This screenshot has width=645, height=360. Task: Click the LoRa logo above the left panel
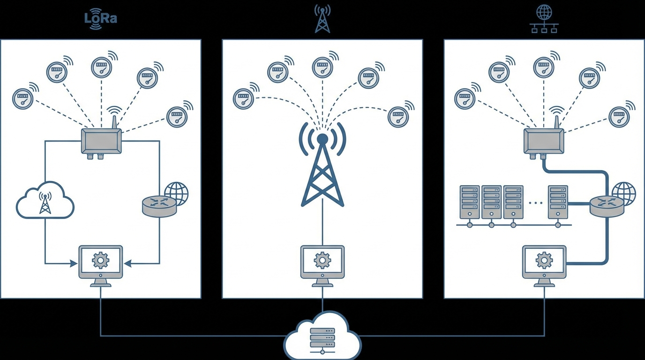pos(100,19)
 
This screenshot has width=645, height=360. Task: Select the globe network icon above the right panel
pos(544,19)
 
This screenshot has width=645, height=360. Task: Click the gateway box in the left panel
pos(101,141)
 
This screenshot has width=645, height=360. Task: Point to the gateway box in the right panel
pos(544,141)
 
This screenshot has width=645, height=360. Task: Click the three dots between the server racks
pos(535,203)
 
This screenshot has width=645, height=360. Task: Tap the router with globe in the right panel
pos(608,203)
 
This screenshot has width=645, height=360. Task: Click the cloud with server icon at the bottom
pos(322,337)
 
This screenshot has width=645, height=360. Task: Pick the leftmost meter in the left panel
pos(22,99)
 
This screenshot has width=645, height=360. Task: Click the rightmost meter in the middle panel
pos(398,116)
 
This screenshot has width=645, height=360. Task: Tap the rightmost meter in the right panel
pos(619,116)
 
